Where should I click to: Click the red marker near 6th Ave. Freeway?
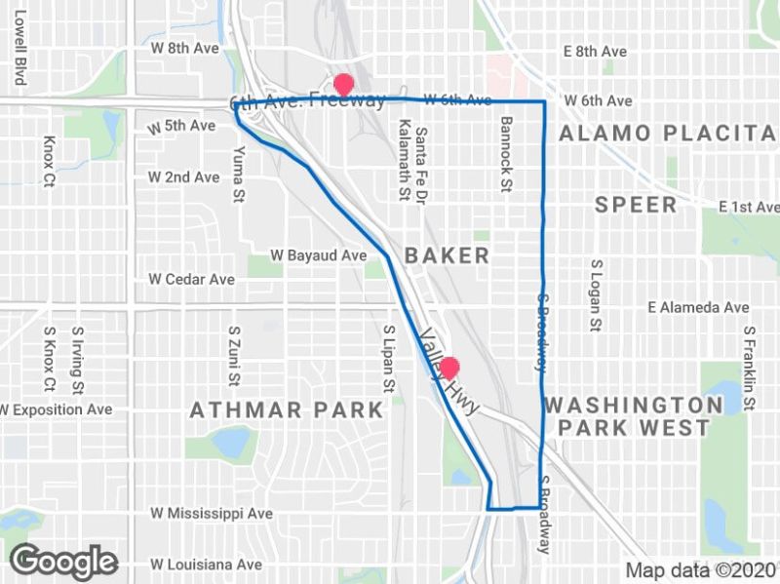(343, 84)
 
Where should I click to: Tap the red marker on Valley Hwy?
(449, 369)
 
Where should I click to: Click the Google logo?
(63, 562)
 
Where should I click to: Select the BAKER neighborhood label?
(447, 255)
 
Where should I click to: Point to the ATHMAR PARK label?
(287, 410)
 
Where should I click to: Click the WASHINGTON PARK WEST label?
(634, 416)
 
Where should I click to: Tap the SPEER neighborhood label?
(636, 205)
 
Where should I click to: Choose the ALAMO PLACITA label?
(669, 133)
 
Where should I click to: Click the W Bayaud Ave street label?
(319, 255)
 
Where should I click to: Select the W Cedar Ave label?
(191, 279)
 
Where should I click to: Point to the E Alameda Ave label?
(699, 307)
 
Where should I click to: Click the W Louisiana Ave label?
(206, 564)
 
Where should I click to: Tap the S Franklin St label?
(748, 361)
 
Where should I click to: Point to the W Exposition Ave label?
(57, 409)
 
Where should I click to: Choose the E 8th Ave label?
(595, 51)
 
